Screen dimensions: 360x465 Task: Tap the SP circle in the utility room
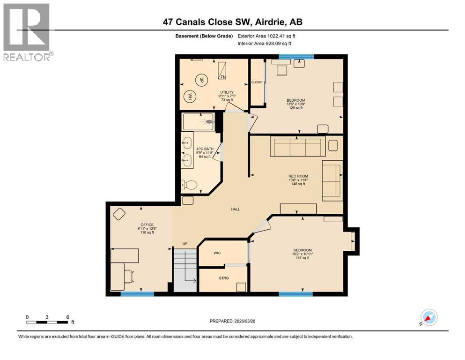point(201,79)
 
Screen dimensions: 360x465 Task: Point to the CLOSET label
point(257,82)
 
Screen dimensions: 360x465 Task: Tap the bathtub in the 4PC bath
point(198,121)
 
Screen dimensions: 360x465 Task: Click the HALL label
point(235,209)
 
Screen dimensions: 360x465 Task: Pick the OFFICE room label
point(148,225)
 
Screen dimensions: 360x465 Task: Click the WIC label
point(217,253)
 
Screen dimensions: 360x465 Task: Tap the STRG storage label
point(223,278)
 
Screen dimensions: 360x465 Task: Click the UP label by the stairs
point(185,244)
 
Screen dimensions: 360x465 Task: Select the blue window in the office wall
point(137,294)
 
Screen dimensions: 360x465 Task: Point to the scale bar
point(47,322)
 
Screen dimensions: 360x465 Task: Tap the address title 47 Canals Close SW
point(232,22)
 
